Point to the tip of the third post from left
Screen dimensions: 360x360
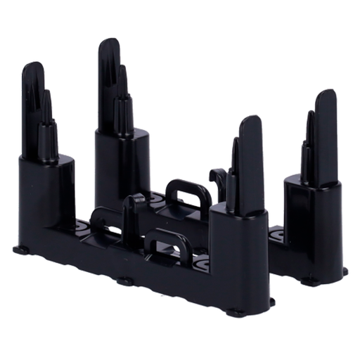point(247,125)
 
